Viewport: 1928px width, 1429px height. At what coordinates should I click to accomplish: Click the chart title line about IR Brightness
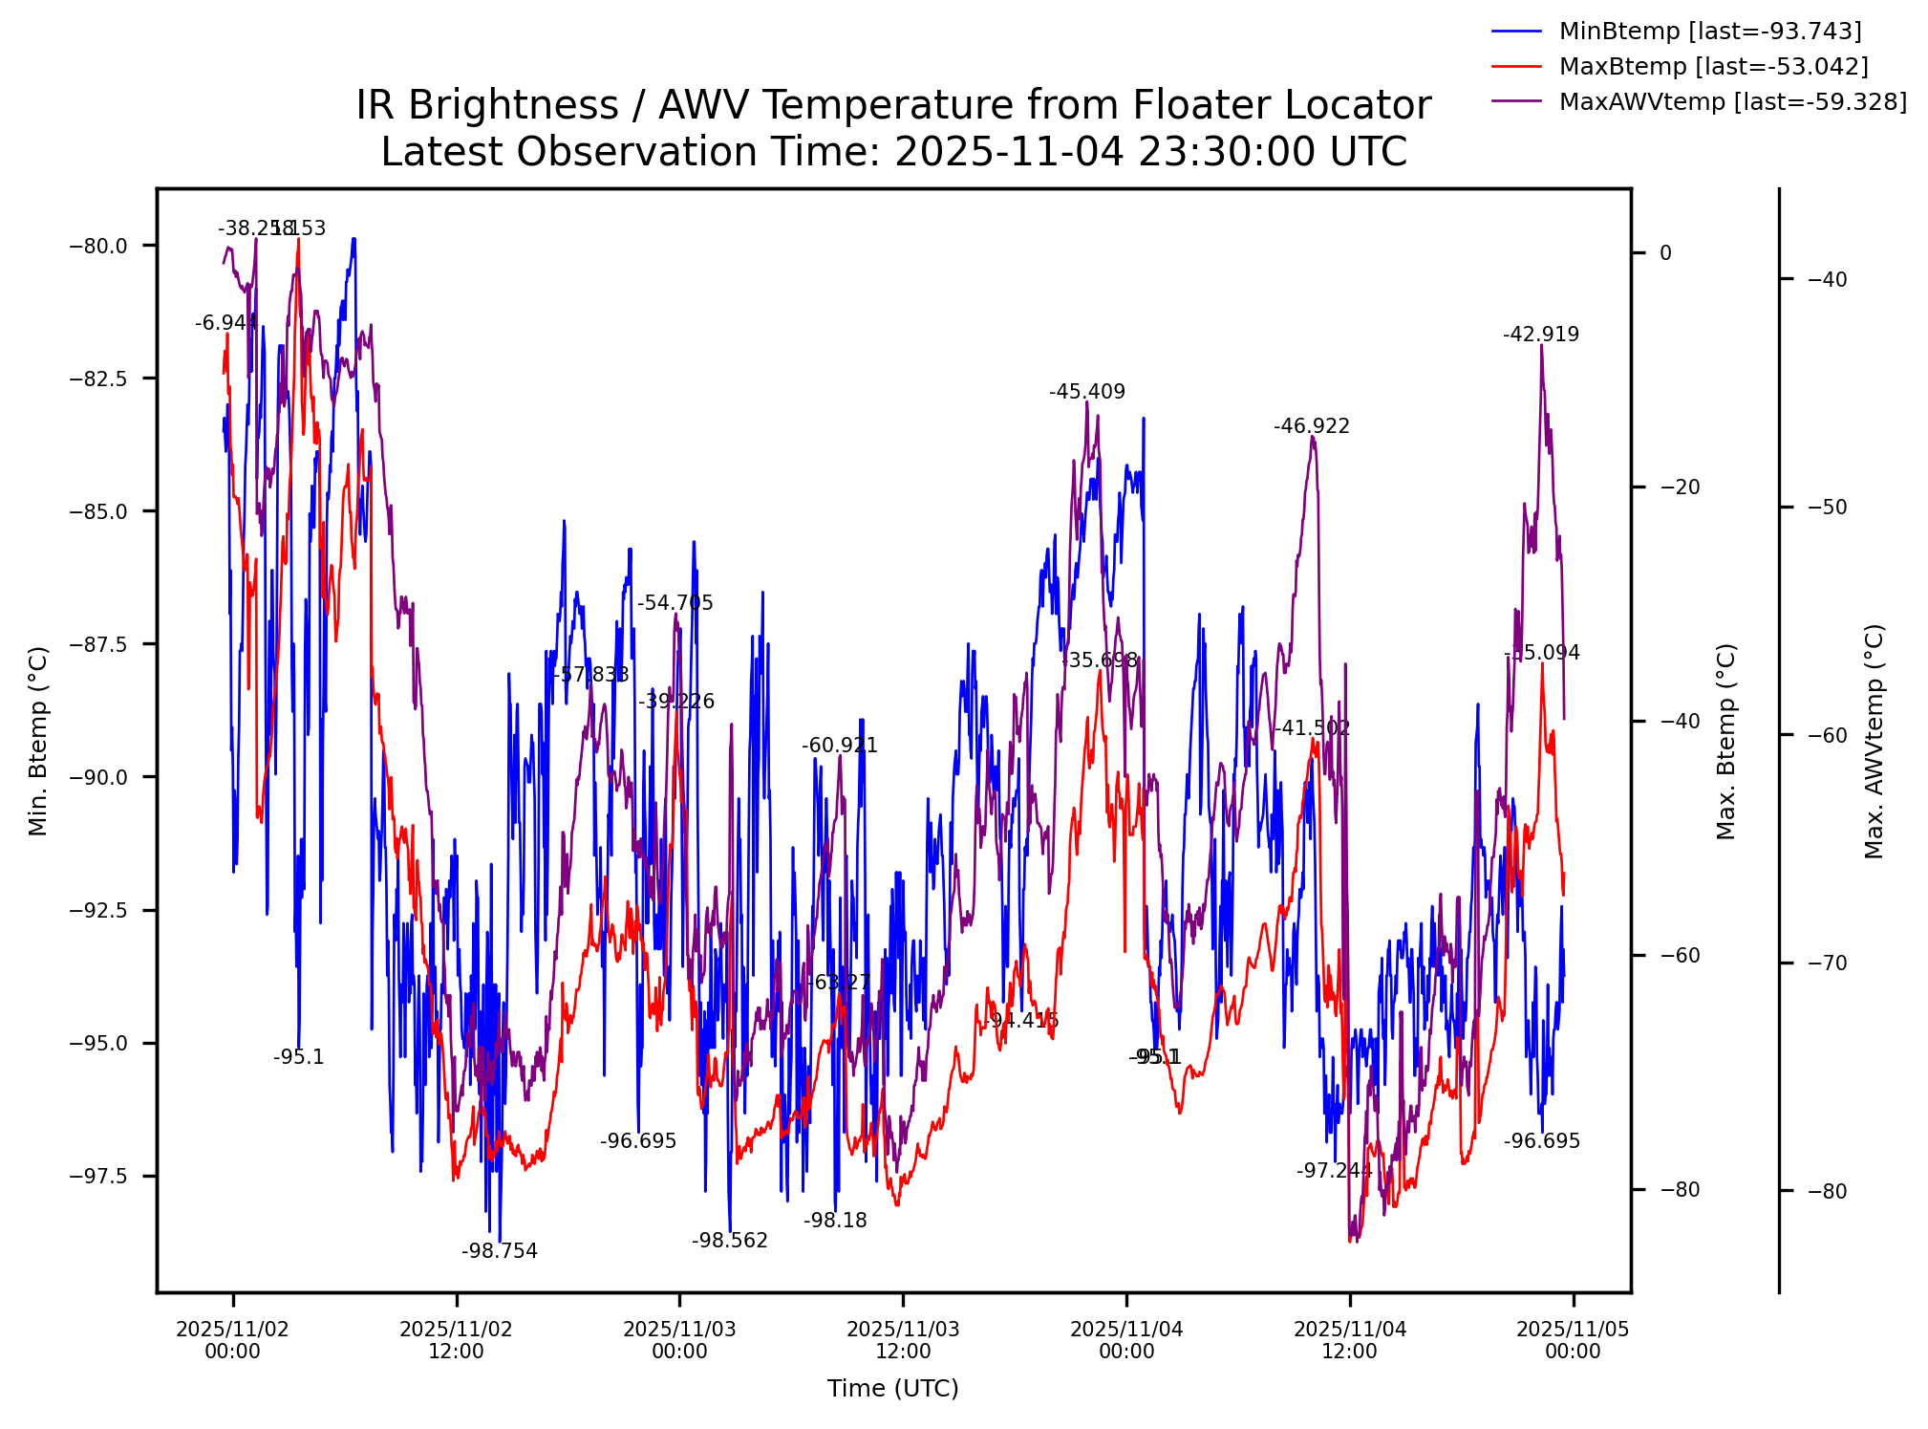[893, 105]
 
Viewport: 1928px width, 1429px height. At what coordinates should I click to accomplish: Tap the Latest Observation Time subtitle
[893, 152]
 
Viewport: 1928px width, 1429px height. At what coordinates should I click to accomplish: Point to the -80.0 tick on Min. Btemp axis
[98, 247]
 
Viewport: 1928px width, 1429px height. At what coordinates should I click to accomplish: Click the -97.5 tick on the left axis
[98, 1177]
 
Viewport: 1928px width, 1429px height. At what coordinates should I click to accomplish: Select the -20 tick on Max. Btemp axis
[1680, 487]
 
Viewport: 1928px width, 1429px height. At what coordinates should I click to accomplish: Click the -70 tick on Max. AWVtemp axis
[1827, 963]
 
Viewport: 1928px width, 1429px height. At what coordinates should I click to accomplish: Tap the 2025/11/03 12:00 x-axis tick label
[903, 1340]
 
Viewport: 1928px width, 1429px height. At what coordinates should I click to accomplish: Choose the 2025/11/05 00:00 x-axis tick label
[1573, 1340]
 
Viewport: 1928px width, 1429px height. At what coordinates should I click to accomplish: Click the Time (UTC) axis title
[893, 1389]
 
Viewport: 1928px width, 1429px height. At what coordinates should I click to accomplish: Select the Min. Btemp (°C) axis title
[38, 741]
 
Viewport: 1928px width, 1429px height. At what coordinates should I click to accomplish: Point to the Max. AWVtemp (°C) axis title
[1874, 741]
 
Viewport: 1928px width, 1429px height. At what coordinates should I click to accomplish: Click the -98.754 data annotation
[500, 1251]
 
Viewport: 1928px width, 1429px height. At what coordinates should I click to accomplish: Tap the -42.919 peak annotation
[1541, 335]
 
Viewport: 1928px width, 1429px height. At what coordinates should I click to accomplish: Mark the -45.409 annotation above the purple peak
[1087, 392]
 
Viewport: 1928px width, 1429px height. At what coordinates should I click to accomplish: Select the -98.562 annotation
[730, 1241]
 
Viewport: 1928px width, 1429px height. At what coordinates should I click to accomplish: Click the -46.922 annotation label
[1312, 426]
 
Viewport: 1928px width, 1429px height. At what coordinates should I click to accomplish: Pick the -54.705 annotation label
[675, 603]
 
